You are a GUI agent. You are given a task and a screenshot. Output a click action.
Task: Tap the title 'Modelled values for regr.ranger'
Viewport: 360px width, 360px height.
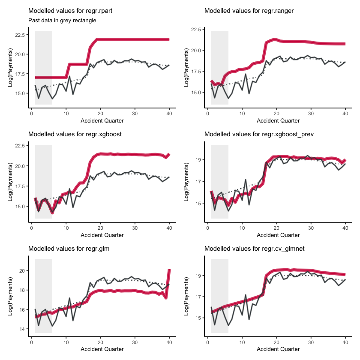pyautogui.click(x=243, y=10)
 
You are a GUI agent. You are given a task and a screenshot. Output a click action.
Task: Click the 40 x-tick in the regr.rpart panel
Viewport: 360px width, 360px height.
pyautogui.click(x=169, y=114)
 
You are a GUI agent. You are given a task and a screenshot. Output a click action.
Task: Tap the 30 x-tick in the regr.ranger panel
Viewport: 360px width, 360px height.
pyautogui.click(x=311, y=114)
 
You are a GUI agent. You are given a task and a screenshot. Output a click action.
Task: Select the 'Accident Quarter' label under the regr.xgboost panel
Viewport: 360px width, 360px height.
pyautogui.click(x=102, y=235)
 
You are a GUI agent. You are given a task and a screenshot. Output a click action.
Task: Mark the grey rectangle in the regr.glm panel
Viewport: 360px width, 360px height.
pyautogui.click(x=44, y=296)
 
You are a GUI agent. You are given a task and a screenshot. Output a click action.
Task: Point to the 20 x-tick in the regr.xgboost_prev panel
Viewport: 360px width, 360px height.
pyautogui.click(x=276, y=228)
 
